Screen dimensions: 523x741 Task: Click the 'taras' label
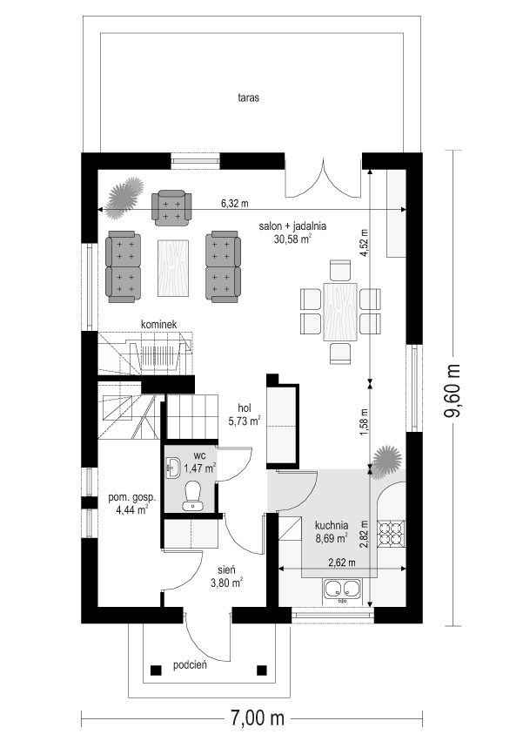point(249,98)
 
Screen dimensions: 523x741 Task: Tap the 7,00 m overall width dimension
point(258,718)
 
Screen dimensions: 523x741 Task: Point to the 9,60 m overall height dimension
point(453,390)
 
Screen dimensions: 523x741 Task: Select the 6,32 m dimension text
point(235,204)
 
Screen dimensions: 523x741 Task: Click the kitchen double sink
point(342,589)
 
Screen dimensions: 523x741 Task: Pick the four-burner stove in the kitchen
point(392,533)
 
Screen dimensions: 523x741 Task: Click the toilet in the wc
point(193,495)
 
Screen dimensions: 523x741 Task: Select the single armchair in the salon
point(171,206)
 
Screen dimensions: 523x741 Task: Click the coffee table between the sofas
point(173,268)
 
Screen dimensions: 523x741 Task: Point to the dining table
point(340,312)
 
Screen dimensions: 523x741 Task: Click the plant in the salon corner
point(124,197)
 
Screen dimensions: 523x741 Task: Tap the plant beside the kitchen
point(387,461)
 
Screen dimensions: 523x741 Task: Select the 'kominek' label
point(158,325)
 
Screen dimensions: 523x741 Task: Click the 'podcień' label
point(190,665)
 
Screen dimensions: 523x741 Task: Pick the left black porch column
point(155,670)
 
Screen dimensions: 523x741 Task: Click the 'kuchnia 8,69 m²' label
point(332,530)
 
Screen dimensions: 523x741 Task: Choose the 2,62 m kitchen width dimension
point(342,562)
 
